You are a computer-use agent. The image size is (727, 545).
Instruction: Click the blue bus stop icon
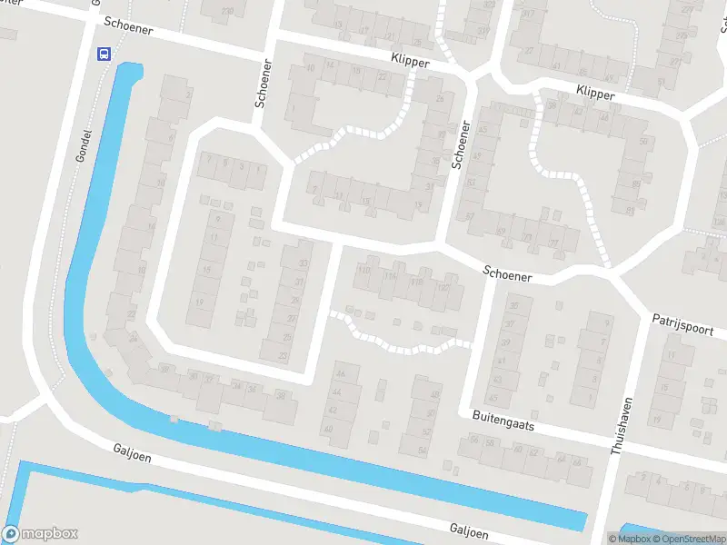[x=105, y=54]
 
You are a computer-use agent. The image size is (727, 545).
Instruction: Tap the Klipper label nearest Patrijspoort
[x=595, y=93]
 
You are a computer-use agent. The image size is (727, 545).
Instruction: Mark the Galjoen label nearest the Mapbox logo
[x=133, y=451]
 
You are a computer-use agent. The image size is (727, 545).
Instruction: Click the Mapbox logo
[x=40, y=534]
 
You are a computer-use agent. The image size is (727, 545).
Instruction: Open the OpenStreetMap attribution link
[x=691, y=539]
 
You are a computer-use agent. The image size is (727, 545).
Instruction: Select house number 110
[x=366, y=270]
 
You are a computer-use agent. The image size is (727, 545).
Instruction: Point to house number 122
[x=443, y=288]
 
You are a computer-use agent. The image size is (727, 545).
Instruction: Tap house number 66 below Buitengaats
[x=575, y=461]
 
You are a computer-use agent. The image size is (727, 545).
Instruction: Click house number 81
[x=630, y=210]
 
